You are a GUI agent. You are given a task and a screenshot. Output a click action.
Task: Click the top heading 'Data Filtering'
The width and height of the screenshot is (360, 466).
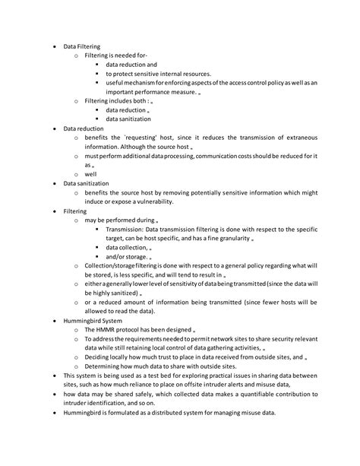tap(84, 46)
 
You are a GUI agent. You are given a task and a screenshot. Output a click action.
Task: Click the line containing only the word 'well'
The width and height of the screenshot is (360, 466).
tap(90, 174)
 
